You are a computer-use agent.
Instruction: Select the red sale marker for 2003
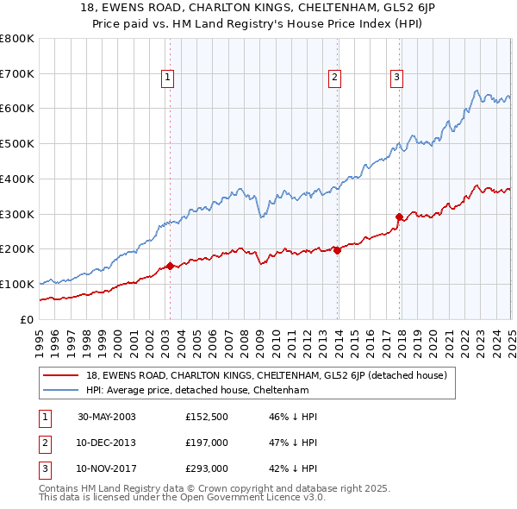click(x=170, y=266)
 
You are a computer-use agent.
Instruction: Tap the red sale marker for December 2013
click(x=337, y=250)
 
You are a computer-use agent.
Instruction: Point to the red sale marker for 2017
click(x=399, y=217)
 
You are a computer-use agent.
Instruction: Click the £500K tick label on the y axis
click(x=18, y=144)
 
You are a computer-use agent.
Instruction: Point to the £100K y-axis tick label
click(x=18, y=284)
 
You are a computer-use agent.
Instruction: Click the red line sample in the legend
click(x=61, y=376)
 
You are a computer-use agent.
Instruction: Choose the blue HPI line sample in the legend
click(x=61, y=391)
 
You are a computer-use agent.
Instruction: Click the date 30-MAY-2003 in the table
click(x=106, y=417)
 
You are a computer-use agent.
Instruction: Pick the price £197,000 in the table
click(x=207, y=443)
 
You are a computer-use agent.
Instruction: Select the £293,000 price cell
click(x=207, y=468)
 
